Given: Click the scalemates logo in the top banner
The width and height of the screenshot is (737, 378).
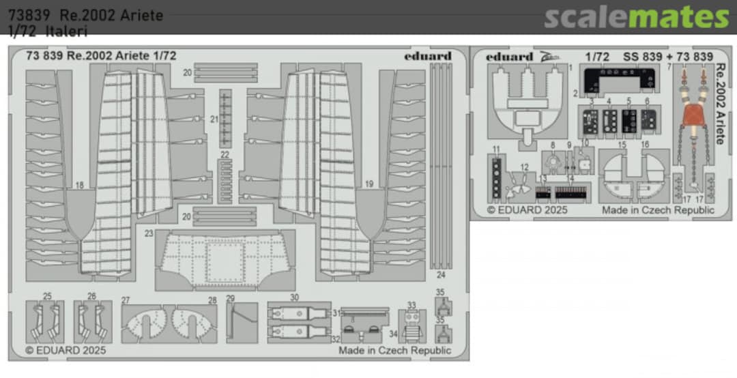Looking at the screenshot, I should [x=636, y=16].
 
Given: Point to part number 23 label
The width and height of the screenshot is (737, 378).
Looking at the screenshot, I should [x=148, y=233].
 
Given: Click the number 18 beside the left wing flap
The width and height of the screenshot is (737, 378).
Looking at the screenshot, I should [x=80, y=185].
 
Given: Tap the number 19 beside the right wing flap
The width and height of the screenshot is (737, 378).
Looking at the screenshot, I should [x=369, y=184].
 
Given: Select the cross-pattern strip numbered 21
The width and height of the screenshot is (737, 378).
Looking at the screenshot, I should [x=225, y=117].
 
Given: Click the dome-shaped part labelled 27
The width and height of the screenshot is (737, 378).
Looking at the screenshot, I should [x=145, y=323].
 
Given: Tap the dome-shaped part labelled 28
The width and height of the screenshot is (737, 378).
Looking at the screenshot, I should [x=194, y=323].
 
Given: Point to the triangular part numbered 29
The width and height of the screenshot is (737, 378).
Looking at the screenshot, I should [x=241, y=322].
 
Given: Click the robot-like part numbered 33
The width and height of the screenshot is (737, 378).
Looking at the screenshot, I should [x=411, y=325].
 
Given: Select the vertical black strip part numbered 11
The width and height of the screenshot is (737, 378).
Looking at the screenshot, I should [x=497, y=177].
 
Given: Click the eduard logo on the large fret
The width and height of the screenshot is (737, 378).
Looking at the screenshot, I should [x=427, y=56].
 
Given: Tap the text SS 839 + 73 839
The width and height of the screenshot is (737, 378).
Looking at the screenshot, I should [x=667, y=57].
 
